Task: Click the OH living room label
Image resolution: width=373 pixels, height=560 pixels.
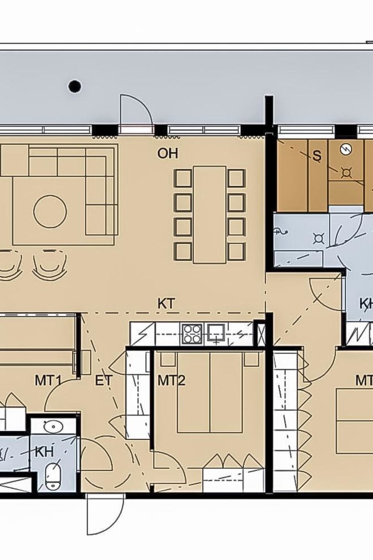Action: click(168, 153)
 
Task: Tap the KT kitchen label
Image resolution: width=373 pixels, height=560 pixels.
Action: click(166, 304)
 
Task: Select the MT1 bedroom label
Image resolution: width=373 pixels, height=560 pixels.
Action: click(48, 381)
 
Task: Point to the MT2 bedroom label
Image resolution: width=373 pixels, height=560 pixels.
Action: click(172, 381)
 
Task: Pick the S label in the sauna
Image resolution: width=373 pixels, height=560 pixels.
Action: click(317, 156)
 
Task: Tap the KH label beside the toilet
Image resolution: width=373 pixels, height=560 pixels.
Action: click(44, 452)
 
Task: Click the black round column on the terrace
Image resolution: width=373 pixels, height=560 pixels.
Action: click(75, 86)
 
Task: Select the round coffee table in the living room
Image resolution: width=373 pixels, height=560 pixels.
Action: click(50, 211)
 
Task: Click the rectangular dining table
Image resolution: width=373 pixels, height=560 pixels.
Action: click(210, 215)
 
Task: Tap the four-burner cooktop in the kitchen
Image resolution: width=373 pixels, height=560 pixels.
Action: click(193, 333)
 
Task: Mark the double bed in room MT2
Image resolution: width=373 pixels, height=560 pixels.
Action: click(210, 392)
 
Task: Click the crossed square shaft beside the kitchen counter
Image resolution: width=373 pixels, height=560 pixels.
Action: click(261, 333)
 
